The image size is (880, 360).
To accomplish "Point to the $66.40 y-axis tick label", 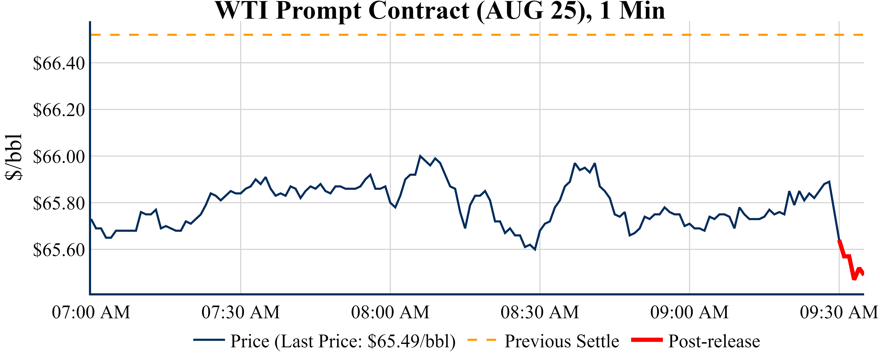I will click(x=59, y=64).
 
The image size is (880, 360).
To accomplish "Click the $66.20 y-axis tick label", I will click(x=59, y=110).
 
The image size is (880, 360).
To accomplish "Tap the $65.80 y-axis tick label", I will click(x=59, y=204).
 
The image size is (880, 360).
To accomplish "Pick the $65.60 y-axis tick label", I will click(x=59, y=250).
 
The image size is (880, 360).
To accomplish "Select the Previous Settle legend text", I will click(x=562, y=341).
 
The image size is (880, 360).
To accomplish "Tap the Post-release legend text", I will click(x=714, y=341).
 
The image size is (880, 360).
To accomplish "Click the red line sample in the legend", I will click(x=647, y=340).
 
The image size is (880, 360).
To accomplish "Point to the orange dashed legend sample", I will click(x=481, y=340).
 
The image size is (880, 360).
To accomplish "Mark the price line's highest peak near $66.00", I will click(x=420, y=156).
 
